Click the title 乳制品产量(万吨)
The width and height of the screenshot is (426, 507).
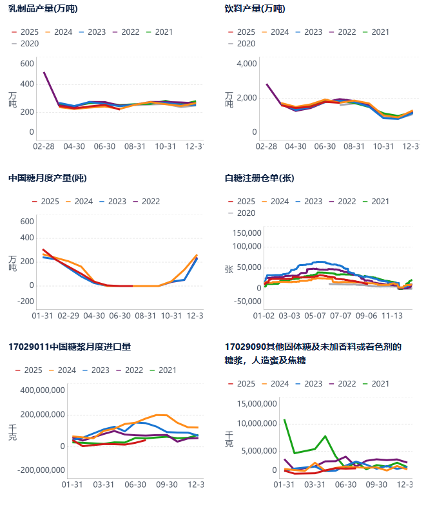click(44, 9)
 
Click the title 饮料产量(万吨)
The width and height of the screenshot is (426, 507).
click(255, 9)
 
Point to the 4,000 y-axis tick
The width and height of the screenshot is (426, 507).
click(246, 64)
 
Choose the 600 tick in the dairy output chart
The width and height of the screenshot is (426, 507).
click(26, 63)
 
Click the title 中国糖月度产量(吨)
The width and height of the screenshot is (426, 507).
click(48, 178)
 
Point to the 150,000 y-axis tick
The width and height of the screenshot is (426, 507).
click(243, 233)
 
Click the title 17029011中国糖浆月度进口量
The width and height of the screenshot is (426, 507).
click(70, 347)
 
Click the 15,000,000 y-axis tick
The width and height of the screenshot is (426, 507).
click(257, 404)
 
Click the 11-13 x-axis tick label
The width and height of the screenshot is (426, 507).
click(392, 316)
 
